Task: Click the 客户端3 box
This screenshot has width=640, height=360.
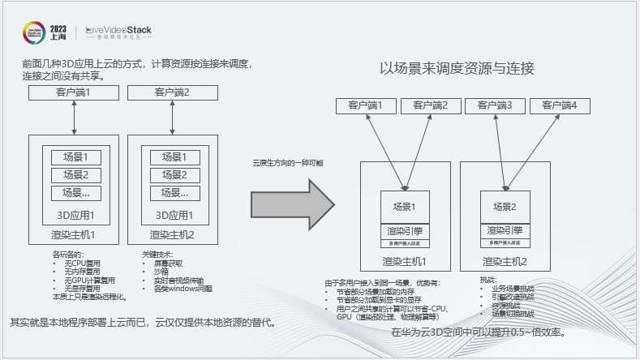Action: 495,105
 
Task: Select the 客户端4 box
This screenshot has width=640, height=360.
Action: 560,105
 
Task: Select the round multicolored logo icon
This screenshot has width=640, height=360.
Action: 33,32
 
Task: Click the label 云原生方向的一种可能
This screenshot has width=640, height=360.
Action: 287,163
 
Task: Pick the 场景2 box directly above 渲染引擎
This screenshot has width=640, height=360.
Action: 505,207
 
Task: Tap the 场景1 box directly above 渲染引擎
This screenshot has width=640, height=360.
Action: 404,207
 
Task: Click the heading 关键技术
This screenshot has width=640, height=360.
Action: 157,255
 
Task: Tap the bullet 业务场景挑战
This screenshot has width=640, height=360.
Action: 510,288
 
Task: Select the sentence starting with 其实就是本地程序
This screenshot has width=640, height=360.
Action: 142,322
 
